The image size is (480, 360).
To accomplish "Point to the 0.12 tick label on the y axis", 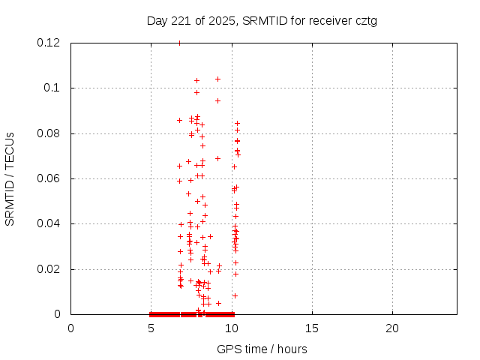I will tap(49, 43).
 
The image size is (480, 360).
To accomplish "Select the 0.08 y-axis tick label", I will tap(49, 133).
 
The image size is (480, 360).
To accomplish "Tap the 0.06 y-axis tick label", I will tap(49, 178).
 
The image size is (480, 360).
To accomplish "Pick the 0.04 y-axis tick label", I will tap(49, 223).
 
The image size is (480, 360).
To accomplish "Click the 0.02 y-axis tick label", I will tap(49, 268).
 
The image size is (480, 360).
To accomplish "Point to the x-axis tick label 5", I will tap(151, 328).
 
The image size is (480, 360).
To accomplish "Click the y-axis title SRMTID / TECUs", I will tap(10, 178).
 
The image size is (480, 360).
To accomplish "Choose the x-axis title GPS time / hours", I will tap(262, 349).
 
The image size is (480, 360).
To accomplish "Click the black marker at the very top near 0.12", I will tap(179, 43).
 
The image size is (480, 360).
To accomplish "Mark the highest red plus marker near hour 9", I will tap(217, 79).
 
